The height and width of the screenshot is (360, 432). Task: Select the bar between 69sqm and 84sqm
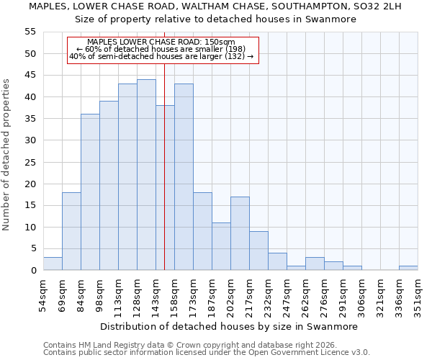(x=71, y=231)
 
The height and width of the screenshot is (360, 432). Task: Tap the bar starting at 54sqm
(x=53, y=264)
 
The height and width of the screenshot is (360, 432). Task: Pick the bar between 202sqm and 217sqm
(x=240, y=233)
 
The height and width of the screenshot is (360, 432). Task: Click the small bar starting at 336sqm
(x=408, y=268)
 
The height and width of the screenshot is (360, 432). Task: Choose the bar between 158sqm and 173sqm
(x=184, y=177)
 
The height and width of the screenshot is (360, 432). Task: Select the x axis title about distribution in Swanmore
(x=229, y=326)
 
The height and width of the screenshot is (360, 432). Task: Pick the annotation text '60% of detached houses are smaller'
(x=161, y=49)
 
